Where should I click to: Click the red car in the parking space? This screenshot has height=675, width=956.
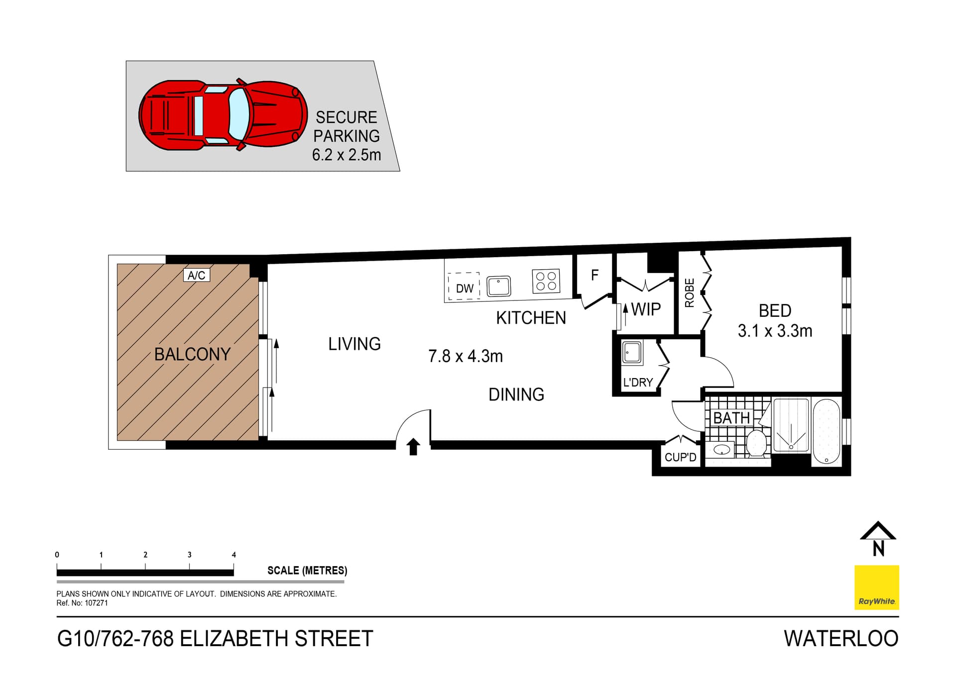223,115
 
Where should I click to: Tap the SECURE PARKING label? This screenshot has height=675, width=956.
347,126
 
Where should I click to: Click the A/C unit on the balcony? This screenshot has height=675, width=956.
196,275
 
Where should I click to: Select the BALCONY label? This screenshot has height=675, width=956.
192,354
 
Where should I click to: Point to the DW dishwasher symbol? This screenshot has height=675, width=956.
464,288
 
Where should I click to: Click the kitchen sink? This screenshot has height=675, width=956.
498,287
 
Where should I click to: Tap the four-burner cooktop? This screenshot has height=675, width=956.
546,281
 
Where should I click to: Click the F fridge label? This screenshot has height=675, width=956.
595,275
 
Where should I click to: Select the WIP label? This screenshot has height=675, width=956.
646,309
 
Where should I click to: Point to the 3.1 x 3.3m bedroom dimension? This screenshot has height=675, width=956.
775,331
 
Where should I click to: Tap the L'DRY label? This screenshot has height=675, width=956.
638,383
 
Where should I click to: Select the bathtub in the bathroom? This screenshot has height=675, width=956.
826,431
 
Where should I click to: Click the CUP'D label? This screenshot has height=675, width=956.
680,457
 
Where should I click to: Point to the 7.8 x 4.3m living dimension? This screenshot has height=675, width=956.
466,356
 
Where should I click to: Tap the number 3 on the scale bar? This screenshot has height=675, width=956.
189,555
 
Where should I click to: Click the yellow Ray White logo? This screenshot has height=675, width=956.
876,587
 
